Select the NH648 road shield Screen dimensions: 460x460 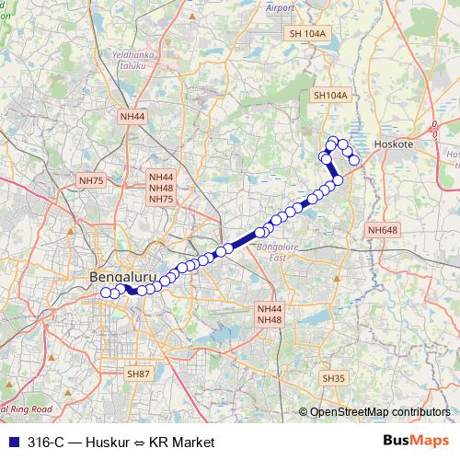coord(382,230)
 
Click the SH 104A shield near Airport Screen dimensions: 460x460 coord(307,33)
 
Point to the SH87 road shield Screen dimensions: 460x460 coord(138,373)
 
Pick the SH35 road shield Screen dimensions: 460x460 coord(332,378)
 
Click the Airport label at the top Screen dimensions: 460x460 coord(280,7)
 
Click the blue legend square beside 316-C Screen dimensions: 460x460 coord(12,442)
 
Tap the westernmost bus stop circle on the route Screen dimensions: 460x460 coord(106,293)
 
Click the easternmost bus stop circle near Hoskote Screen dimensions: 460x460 coord(354,161)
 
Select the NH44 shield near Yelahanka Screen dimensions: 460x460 coord(132,117)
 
